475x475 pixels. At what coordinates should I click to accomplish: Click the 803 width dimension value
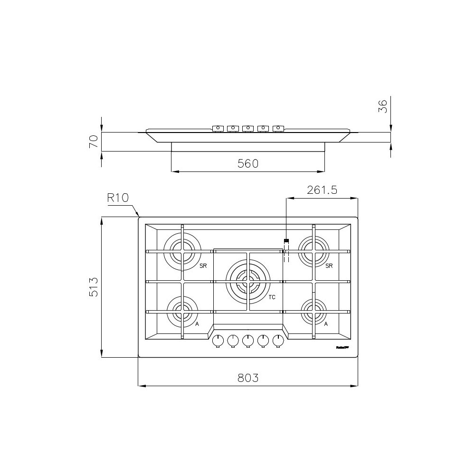(247, 378)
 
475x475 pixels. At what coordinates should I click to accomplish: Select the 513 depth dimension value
(94, 287)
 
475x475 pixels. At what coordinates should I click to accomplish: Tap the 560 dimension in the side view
(247, 163)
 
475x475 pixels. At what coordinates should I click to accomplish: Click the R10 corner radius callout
(118, 198)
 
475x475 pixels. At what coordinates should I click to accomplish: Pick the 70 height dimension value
(94, 141)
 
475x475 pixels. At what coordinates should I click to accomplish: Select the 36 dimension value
(383, 105)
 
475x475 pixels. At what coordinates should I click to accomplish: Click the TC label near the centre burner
(272, 298)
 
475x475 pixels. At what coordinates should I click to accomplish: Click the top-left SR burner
(182, 250)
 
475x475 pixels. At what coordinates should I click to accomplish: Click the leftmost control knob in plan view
(218, 341)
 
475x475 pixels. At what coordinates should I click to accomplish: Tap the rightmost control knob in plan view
(278, 341)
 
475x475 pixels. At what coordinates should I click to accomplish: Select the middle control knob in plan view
(248, 341)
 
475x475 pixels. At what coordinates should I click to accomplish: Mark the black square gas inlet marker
(286, 241)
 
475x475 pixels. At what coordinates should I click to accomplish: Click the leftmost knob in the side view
(218, 128)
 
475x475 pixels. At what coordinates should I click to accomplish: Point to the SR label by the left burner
(203, 266)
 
